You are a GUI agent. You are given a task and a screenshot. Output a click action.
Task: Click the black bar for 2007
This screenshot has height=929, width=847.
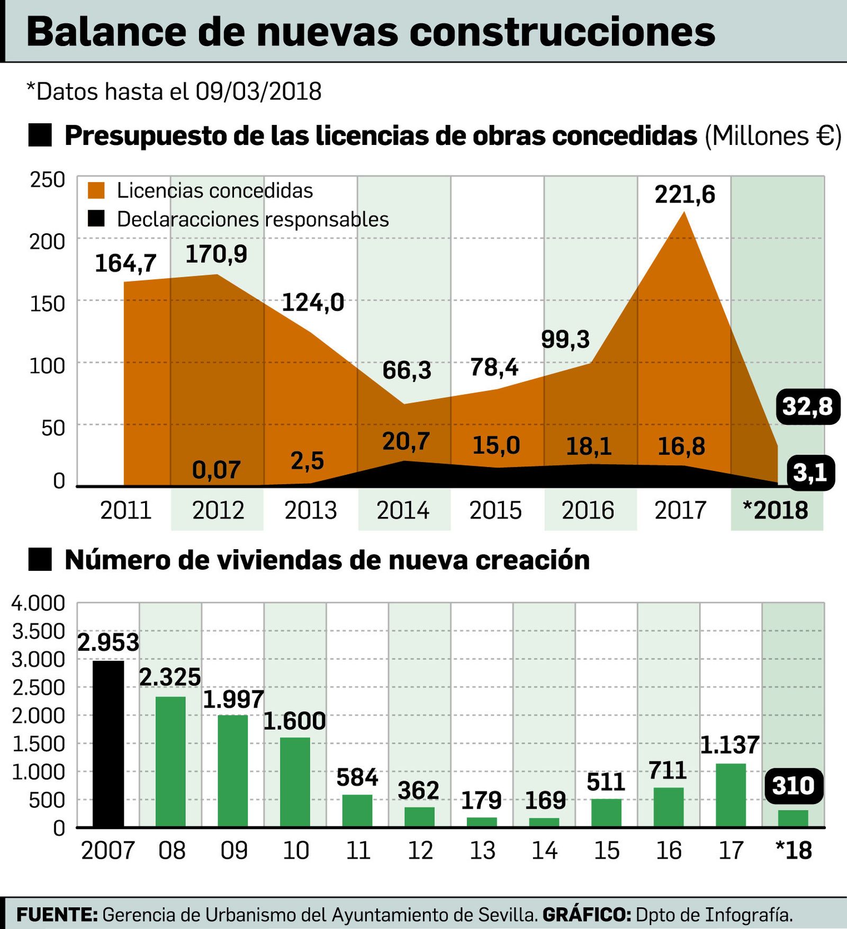(x=109, y=743)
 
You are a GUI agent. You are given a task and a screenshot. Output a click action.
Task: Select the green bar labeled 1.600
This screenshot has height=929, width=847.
(x=295, y=782)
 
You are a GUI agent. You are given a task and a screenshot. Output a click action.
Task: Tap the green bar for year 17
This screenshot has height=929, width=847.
(x=731, y=795)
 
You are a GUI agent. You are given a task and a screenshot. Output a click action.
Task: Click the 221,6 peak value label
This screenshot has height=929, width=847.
(x=684, y=195)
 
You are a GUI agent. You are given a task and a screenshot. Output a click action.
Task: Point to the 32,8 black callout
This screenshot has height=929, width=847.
(x=807, y=407)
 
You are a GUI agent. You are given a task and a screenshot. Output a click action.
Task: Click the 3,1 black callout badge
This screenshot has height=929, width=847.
(x=809, y=472)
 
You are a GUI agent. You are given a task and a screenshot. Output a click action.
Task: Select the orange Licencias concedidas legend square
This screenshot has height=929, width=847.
(x=96, y=190)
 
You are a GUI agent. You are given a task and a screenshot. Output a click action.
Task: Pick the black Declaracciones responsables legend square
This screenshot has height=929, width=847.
(x=96, y=218)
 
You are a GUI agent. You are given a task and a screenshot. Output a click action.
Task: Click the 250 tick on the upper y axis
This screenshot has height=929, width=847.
(x=48, y=180)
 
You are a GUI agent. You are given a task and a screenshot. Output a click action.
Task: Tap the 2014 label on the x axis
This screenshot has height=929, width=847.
(x=403, y=511)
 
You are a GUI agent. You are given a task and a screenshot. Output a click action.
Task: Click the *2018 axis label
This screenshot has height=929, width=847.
(x=776, y=511)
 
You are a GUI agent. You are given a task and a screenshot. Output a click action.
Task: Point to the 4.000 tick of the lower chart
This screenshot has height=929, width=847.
(x=38, y=603)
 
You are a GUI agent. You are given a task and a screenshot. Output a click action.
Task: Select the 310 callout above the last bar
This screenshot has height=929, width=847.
(x=793, y=786)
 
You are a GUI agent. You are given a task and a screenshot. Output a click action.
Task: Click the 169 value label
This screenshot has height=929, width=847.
(x=545, y=800)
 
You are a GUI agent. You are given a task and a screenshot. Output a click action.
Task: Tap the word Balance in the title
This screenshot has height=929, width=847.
(x=106, y=32)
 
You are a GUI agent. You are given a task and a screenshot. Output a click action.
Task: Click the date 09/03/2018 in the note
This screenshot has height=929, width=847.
(x=258, y=92)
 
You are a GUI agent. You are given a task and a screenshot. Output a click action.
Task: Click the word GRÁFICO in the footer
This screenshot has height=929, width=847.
(x=587, y=914)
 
